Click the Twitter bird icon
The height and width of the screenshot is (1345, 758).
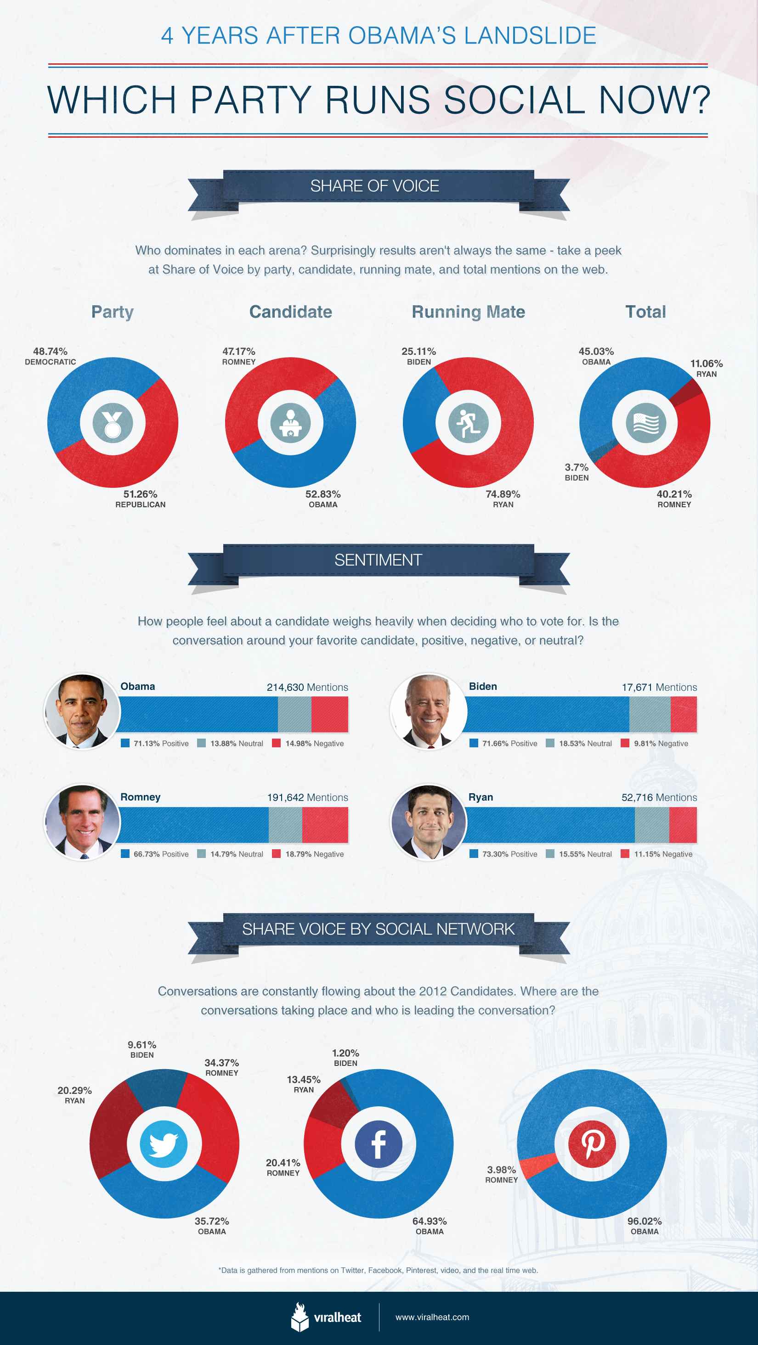point(164,1144)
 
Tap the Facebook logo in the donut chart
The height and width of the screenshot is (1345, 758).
point(378,1144)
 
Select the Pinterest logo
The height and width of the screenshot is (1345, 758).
point(592,1144)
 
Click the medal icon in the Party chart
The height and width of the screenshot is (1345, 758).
point(112,422)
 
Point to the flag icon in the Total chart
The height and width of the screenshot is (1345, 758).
point(646,422)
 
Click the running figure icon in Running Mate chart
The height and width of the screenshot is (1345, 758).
point(468,422)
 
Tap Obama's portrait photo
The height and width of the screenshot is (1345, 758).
point(82,711)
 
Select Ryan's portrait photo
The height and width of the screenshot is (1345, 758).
point(428,822)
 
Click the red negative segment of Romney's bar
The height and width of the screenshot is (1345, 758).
point(325,825)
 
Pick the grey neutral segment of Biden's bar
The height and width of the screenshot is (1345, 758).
point(649,714)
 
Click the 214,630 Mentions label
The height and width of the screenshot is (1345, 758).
point(307,687)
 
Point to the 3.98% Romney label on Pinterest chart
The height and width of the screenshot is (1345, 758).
point(501,1174)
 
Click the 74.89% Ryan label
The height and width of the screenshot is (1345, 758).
point(503,499)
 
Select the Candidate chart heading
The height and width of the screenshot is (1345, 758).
point(290,312)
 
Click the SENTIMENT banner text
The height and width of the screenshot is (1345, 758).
point(378,560)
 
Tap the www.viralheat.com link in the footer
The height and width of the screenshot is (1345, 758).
point(432,1317)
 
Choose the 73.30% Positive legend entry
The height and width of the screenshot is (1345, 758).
point(503,854)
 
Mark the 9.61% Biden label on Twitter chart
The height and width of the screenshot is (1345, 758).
point(141,1049)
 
